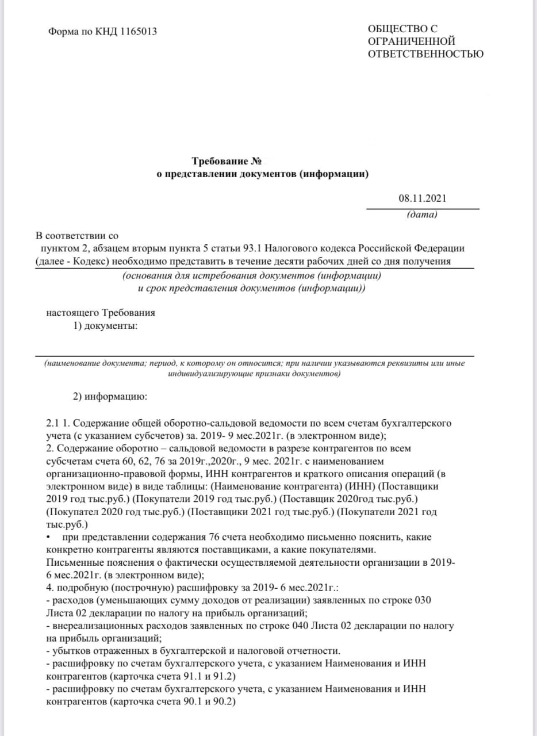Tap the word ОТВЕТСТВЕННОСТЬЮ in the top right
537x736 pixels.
[425, 54]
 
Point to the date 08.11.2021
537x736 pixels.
[422, 199]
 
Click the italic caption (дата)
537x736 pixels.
[422, 215]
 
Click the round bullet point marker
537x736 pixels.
[48, 537]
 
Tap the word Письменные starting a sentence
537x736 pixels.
[68, 562]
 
